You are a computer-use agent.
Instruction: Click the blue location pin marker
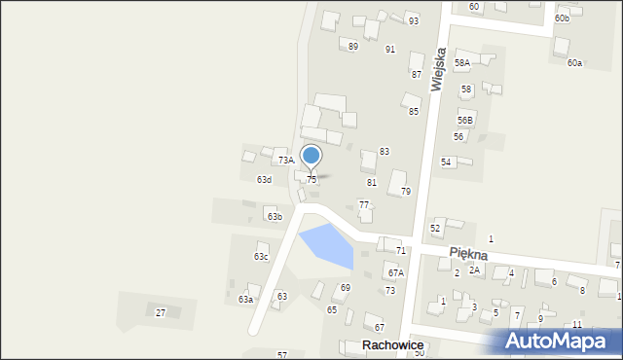(311, 157)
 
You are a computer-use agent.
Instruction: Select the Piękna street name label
(468, 252)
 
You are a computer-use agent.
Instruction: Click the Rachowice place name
(394, 345)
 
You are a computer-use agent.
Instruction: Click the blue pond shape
(327, 245)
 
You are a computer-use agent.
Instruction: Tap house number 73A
(285, 160)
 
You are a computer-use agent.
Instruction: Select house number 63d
(264, 180)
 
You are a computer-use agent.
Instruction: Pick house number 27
(161, 312)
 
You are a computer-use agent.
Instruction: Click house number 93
(414, 21)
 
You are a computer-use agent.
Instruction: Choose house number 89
(352, 47)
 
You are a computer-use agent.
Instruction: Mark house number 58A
(461, 62)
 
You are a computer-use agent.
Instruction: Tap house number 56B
(465, 120)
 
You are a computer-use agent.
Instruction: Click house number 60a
(574, 63)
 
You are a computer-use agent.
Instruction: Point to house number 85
(413, 112)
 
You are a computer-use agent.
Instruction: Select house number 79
(405, 191)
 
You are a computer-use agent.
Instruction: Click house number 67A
(394, 273)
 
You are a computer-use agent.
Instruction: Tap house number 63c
(261, 257)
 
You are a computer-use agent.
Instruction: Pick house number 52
(435, 228)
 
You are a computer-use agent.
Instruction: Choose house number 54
(446, 162)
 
